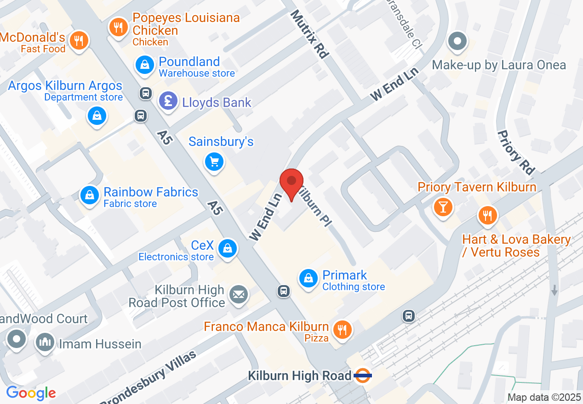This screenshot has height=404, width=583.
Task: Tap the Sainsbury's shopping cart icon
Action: click(x=214, y=162)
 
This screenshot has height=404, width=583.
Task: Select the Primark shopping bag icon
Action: click(x=308, y=278)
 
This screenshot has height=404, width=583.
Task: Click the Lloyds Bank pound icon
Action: click(x=168, y=101)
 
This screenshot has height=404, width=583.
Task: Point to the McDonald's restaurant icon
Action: click(x=80, y=41)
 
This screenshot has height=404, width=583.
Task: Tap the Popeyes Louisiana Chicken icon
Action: click(x=119, y=27)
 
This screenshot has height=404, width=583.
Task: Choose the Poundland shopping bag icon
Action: click(x=145, y=64)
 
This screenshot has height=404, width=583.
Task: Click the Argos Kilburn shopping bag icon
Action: click(x=97, y=116)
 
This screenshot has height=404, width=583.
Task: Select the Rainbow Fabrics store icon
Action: click(x=90, y=195)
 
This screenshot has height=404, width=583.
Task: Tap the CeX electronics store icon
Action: click(x=227, y=248)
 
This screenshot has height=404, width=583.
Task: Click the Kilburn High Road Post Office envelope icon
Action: click(x=239, y=294)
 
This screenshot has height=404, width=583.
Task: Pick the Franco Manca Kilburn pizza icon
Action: click(x=342, y=330)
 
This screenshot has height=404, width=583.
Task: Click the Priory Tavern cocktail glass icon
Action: click(x=443, y=207)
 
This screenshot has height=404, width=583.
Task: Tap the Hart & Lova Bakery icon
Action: click(x=487, y=215)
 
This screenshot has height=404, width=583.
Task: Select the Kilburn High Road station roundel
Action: click(x=363, y=376)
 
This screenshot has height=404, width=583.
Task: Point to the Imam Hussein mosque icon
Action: click(x=45, y=342)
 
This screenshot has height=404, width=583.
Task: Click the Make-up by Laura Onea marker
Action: click(x=457, y=42)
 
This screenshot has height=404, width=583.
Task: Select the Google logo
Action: click(x=31, y=393)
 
